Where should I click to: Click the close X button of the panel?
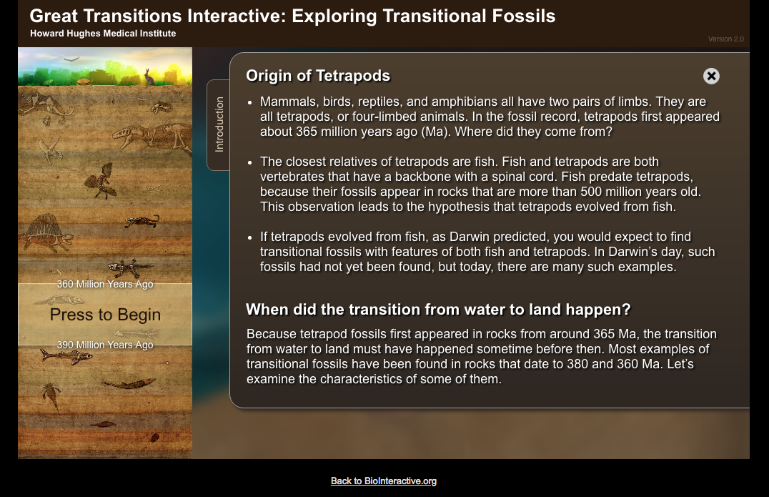click(x=711, y=76)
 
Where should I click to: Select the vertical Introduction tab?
click(x=219, y=124)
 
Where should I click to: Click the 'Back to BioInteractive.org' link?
click(x=384, y=481)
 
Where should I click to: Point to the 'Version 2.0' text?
click(x=726, y=39)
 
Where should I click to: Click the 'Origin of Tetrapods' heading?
click(x=318, y=76)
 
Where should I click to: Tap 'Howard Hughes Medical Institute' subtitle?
click(x=103, y=34)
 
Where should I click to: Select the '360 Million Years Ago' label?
click(x=105, y=284)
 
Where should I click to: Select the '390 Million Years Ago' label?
click(x=105, y=345)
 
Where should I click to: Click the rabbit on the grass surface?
click(x=149, y=77)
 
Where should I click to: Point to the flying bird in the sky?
click(x=71, y=59)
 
